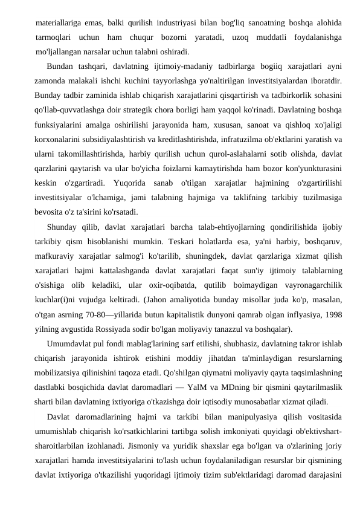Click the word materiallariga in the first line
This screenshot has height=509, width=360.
pyautogui.click(x=60, y=24)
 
